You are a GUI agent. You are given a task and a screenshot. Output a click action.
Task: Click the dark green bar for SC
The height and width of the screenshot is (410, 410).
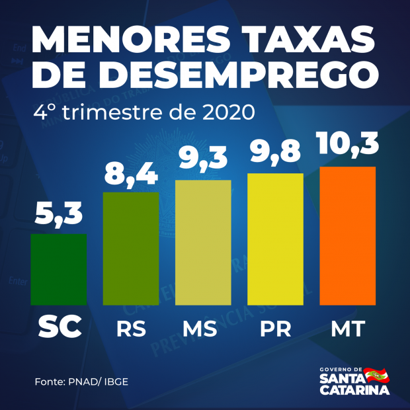click(x=59, y=269)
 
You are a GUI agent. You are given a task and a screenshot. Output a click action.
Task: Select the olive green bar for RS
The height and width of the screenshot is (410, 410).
click(x=131, y=249)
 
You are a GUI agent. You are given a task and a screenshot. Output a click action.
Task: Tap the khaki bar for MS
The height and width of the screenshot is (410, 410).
click(x=203, y=242)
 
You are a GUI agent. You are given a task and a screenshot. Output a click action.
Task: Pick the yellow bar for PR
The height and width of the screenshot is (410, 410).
click(x=275, y=239)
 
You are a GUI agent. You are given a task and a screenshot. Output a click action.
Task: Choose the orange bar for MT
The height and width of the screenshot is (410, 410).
click(x=347, y=235)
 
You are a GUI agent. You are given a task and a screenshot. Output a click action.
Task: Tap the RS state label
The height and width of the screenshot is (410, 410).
click(x=131, y=329)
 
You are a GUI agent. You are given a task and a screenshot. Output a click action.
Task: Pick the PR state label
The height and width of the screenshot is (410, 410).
click(x=275, y=329)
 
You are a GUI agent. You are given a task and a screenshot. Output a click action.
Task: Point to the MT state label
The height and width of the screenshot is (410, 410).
click(x=347, y=329)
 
